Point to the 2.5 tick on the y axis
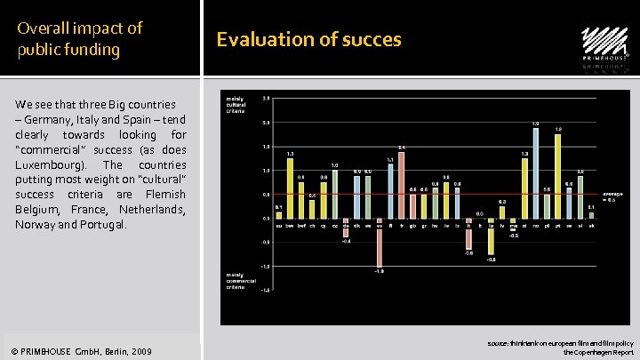click(266, 98)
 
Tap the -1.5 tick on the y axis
click(265, 291)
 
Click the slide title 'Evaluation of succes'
click(308, 39)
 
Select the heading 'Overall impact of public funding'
click(80, 38)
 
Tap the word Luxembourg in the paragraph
click(51, 164)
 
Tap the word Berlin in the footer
click(113, 352)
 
